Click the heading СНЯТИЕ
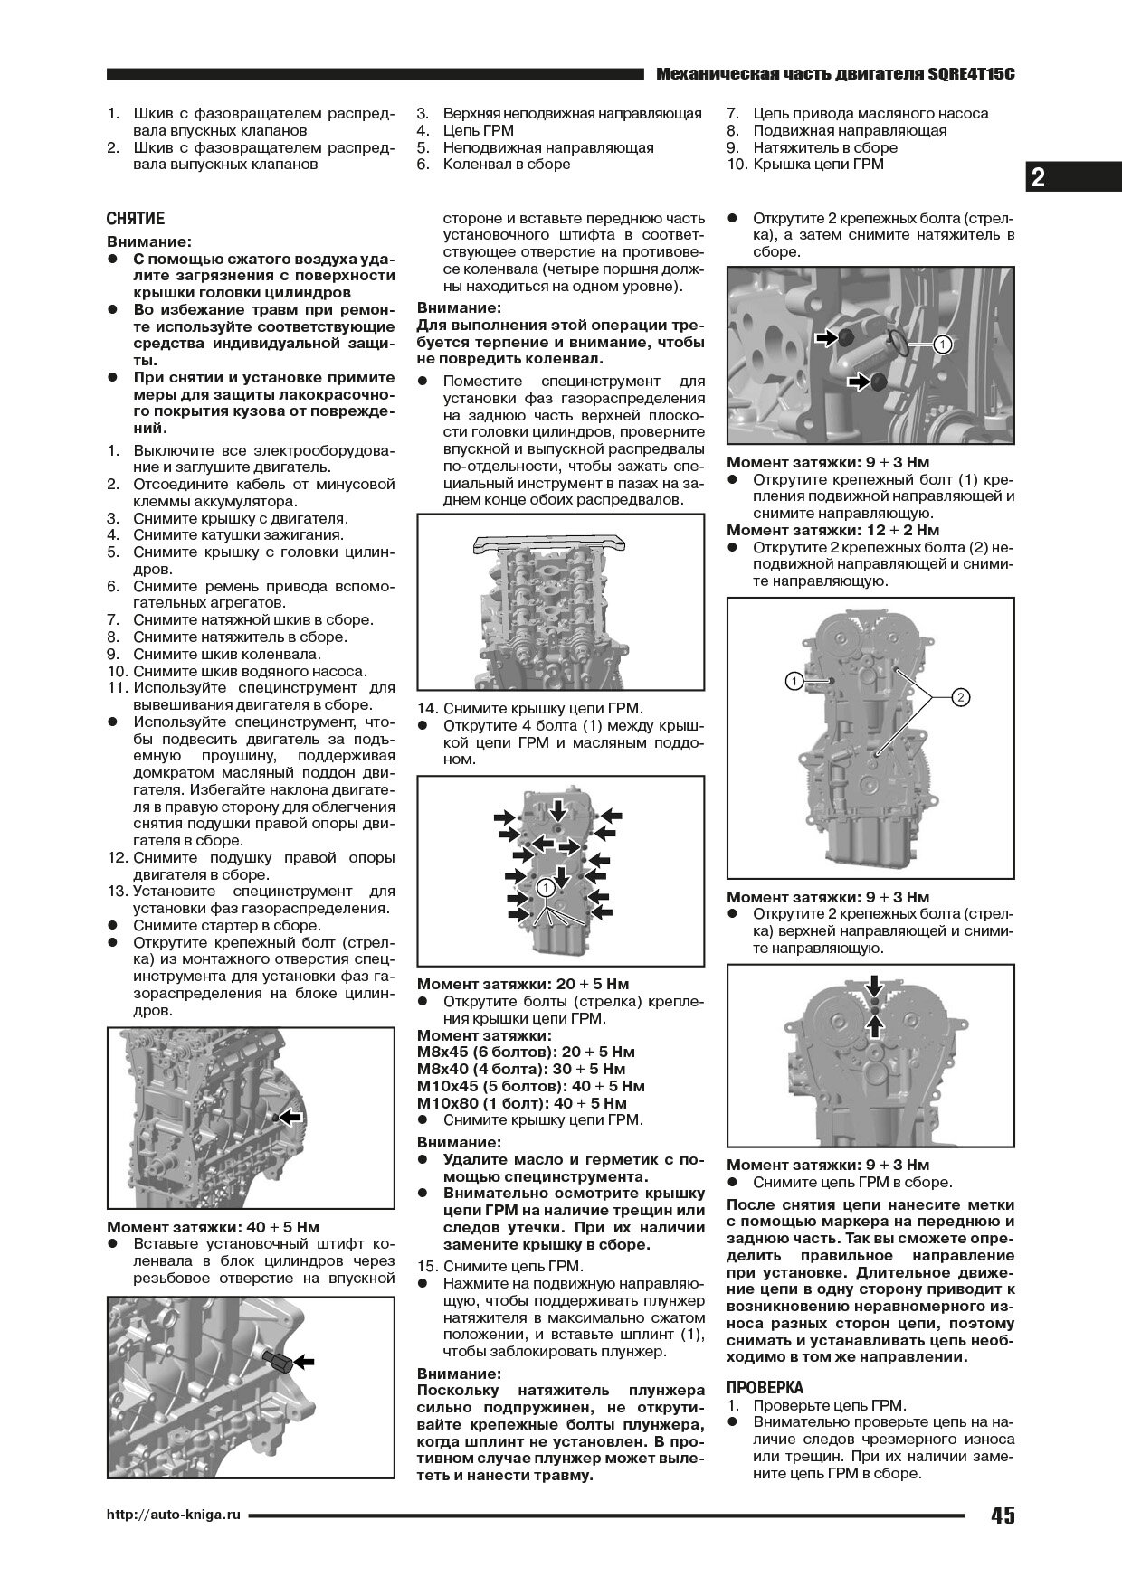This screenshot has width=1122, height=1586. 136,219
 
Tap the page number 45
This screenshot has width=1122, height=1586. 1002,1515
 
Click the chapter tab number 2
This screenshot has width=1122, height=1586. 1038,178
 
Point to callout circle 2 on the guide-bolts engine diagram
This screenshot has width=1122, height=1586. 960,696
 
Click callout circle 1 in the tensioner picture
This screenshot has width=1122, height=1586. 942,345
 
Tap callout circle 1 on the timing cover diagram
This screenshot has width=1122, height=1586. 545,887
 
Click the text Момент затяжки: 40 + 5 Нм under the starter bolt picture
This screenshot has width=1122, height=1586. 214,1227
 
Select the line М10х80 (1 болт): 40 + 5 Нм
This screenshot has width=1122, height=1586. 521,1103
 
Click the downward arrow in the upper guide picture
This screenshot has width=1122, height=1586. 874,983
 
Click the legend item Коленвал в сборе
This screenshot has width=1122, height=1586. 506,165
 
